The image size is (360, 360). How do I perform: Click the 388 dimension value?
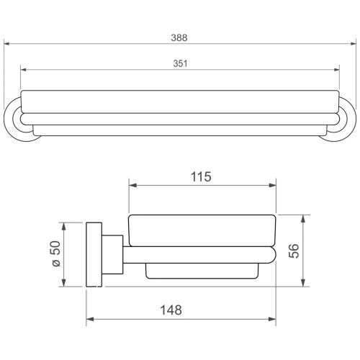tap(179, 38)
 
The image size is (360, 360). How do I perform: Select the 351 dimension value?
tap(180, 63)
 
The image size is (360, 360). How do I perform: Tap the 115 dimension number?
tap(201, 177)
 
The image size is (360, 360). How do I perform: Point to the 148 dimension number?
tap(171, 310)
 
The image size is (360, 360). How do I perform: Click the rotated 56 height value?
tap(294, 251)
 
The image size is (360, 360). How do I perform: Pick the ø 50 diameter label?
tap(56, 254)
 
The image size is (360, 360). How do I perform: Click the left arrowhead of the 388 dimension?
tap(6, 44)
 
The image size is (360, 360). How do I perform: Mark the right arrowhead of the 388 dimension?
tap(354, 44)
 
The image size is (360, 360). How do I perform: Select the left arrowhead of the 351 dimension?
tap(24, 70)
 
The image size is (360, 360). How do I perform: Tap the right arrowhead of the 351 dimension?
tap(337, 70)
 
